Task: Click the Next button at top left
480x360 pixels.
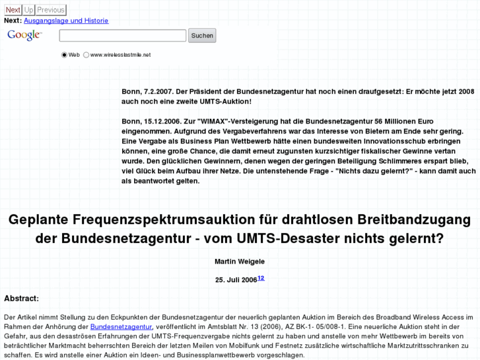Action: pos(13,10)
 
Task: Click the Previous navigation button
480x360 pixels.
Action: pos(51,10)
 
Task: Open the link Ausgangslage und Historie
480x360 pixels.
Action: pos(66,20)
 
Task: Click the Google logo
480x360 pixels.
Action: pos(24,36)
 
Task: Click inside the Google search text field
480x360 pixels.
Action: pos(122,36)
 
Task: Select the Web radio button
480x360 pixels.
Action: pos(65,55)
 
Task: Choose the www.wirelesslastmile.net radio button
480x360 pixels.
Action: pos(86,55)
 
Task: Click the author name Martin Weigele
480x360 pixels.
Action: pos(240,262)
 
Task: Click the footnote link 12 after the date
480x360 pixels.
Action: pos(261,278)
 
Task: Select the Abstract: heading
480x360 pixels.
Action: pos(21,299)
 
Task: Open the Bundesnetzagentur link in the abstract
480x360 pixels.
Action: pos(121,327)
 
